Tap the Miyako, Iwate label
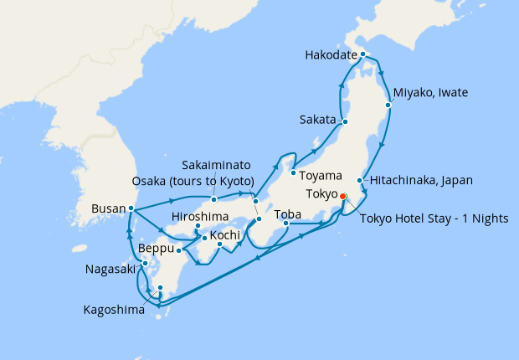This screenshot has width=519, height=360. [x=430, y=92]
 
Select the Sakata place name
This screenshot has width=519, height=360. [x=317, y=120]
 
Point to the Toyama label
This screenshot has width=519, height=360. [x=322, y=176]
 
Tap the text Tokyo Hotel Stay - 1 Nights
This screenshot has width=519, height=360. [x=434, y=219]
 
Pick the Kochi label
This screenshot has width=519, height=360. [x=225, y=235]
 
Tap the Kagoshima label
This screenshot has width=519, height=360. [x=114, y=310]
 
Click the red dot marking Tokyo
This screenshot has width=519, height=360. [x=342, y=197]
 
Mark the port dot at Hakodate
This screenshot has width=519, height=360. [x=362, y=54]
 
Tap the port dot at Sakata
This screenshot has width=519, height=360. [x=345, y=121]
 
